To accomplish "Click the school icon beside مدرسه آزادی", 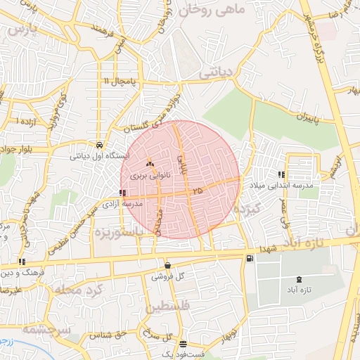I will (123, 192).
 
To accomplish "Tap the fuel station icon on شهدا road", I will (250, 259).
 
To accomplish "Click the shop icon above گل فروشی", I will (167, 265).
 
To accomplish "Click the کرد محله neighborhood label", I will (77, 289).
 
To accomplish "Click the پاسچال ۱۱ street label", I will (115, 82).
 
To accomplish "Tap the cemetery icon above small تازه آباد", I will (301, 280).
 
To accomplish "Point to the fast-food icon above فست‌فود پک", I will (184, 344).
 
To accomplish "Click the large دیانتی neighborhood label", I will (217, 72).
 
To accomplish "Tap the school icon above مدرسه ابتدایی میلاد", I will (282, 174).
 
